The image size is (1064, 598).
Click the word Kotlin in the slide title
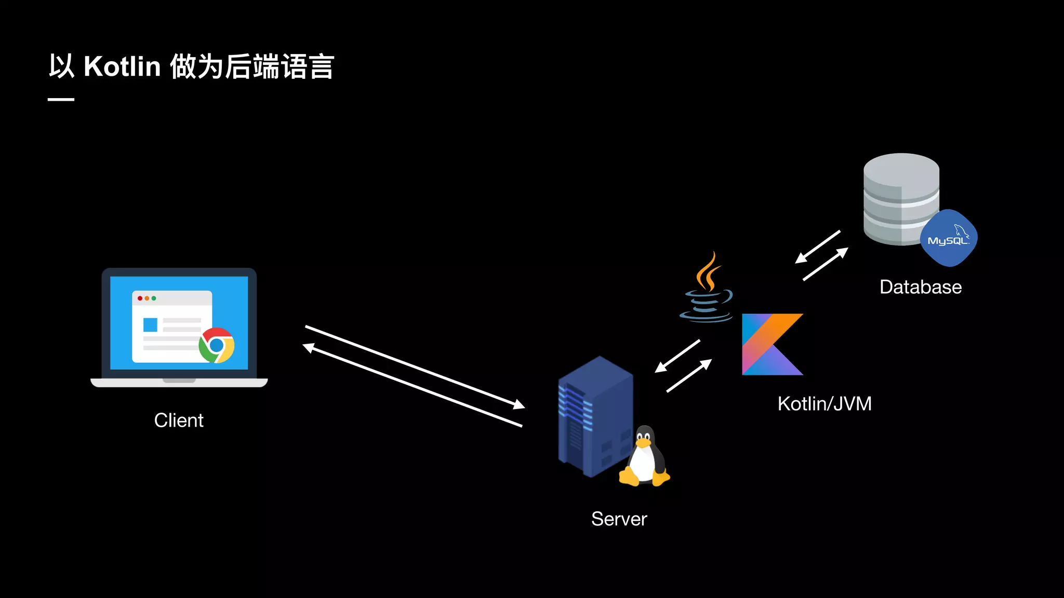click(122, 67)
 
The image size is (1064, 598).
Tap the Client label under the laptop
click(179, 420)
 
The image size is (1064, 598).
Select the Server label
click(619, 519)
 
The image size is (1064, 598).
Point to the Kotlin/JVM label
click(824, 404)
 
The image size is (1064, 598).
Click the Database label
click(920, 287)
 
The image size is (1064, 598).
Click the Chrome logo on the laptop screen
click(217, 345)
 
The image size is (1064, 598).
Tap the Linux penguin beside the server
click(644, 457)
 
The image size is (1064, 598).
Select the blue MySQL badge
click(949, 238)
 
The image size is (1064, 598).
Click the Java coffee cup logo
click(707, 291)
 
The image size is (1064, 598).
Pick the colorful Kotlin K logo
click(769, 344)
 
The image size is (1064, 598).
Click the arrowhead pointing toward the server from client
click(519, 404)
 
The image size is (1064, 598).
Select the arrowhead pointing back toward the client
click(309, 347)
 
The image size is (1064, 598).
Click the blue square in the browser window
click(150, 325)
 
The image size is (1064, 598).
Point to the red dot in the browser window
click(140, 298)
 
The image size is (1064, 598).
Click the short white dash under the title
click(61, 99)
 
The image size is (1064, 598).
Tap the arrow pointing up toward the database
click(826, 264)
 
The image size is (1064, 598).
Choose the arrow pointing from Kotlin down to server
click(677, 357)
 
